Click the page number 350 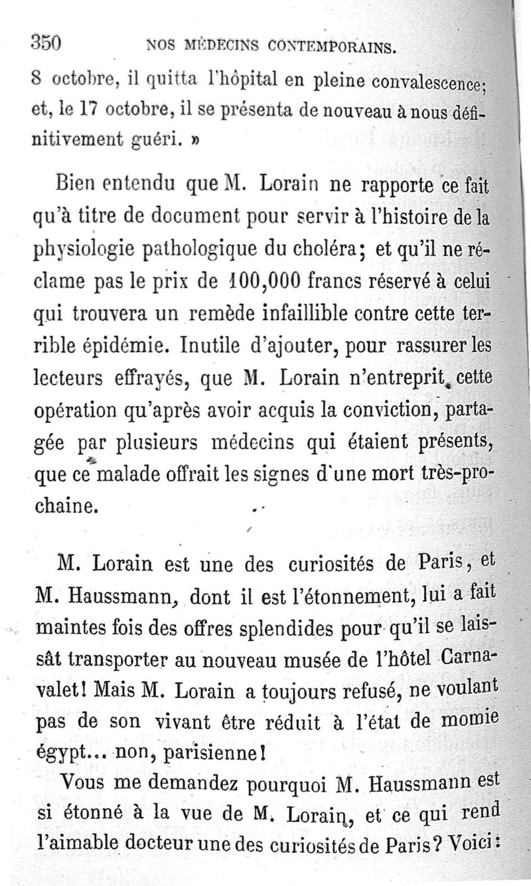tap(46, 43)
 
